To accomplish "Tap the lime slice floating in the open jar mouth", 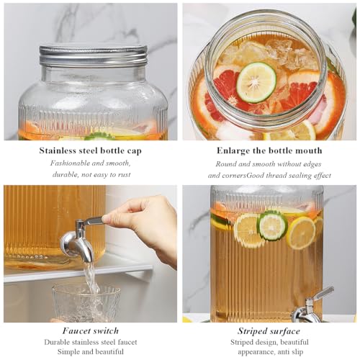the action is pyautogui.click(x=256, y=83).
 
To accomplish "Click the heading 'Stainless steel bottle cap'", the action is pyautogui.click(x=91, y=150).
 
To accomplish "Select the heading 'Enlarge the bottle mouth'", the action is pyautogui.click(x=269, y=150).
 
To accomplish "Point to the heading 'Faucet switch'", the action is pyautogui.click(x=91, y=330).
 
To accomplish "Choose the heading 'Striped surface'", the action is pyautogui.click(x=269, y=331).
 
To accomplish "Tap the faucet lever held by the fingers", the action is pyautogui.click(x=94, y=220).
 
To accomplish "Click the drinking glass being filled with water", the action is pyautogui.click(x=86, y=303).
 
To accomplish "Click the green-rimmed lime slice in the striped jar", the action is pyautogui.click(x=272, y=225).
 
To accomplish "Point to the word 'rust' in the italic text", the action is pyautogui.click(x=124, y=174).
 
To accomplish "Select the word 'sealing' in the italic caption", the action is pyautogui.click(x=300, y=176).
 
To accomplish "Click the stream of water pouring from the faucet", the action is pyautogui.click(x=91, y=279).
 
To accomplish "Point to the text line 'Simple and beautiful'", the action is pyautogui.click(x=91, y=352).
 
